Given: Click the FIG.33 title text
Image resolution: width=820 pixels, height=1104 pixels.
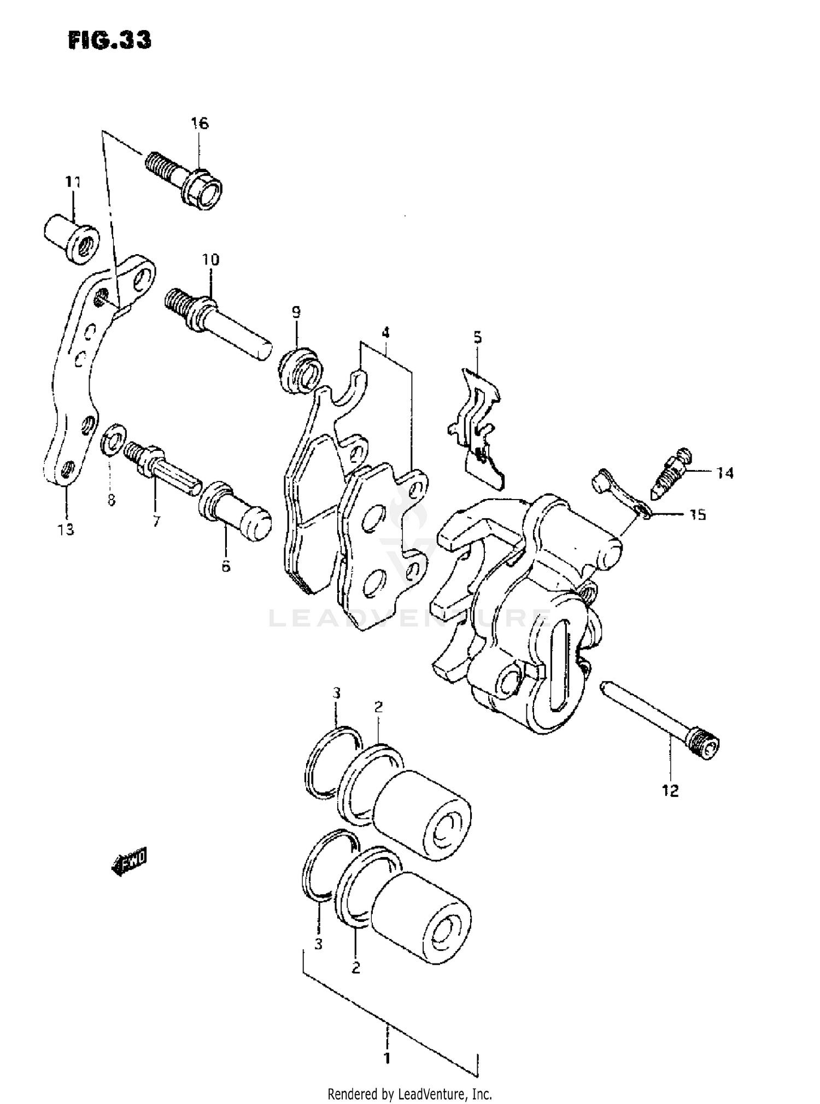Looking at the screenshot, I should [110, 40].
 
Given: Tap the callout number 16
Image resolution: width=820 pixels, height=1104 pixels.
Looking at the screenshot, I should [200, 124].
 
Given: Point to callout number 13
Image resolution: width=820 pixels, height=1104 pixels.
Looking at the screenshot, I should [66, 529].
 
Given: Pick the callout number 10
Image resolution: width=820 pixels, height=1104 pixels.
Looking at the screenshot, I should [211, 260].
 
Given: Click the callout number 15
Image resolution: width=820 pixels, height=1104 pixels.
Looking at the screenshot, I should [697, 515].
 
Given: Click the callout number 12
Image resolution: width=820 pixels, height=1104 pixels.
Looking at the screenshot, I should [670, 790].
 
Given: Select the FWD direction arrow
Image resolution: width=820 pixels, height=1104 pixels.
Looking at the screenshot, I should [130, 862].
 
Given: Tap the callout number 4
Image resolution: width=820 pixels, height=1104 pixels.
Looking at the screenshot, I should [385, 332].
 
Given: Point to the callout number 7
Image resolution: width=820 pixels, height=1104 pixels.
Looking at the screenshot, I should [156, 521].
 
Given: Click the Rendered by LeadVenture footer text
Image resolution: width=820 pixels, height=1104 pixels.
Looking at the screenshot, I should [409, 1094].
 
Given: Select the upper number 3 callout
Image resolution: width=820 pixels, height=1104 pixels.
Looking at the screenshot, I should [337, 694].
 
